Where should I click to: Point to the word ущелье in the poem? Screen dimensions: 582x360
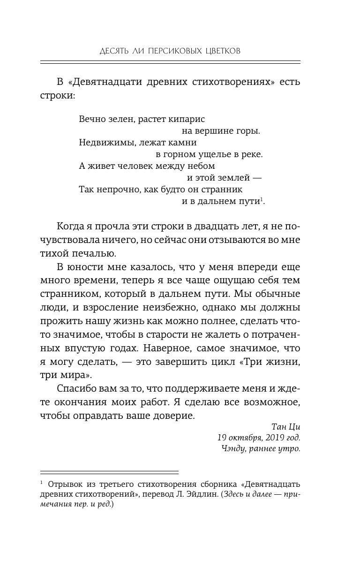click(x=213, y=154)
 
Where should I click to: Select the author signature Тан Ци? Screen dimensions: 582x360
click(x=286, y=427)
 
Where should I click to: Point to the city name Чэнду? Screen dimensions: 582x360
click(x=233, y=448)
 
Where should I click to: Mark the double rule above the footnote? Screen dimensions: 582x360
click(x=109, y=472)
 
